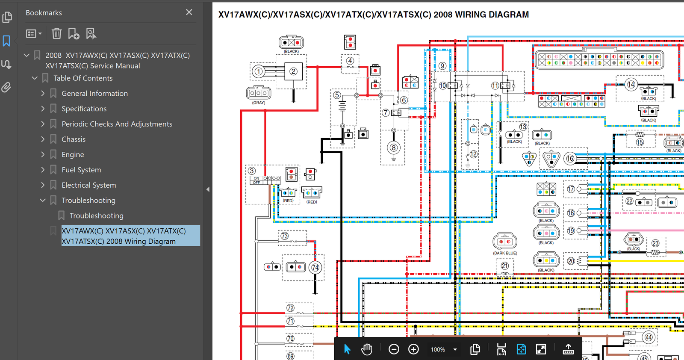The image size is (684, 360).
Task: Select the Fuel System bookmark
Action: point(81,170)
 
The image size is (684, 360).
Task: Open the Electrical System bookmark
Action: point(89,185)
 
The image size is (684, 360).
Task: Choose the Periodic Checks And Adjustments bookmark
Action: point(117,124)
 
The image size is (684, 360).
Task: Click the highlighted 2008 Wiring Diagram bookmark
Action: point(124,236)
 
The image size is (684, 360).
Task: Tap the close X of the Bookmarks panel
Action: point(189,12)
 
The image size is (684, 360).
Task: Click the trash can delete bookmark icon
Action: point(56,34)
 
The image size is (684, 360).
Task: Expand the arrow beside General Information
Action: point(43,94)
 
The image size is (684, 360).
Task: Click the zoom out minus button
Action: point(394,349)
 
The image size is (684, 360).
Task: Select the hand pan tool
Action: point(366,349)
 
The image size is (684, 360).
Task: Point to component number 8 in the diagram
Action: point(394,148)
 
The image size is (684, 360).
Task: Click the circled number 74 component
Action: point(315,268)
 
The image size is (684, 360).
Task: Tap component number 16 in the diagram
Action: point(570,159)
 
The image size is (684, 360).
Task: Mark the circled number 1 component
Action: point(258,71)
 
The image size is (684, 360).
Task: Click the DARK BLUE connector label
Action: point(505,253)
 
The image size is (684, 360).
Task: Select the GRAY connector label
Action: point(259,103)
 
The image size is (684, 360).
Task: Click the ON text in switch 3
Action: point(256,178)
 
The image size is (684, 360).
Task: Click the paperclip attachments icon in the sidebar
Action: point(6,88)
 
